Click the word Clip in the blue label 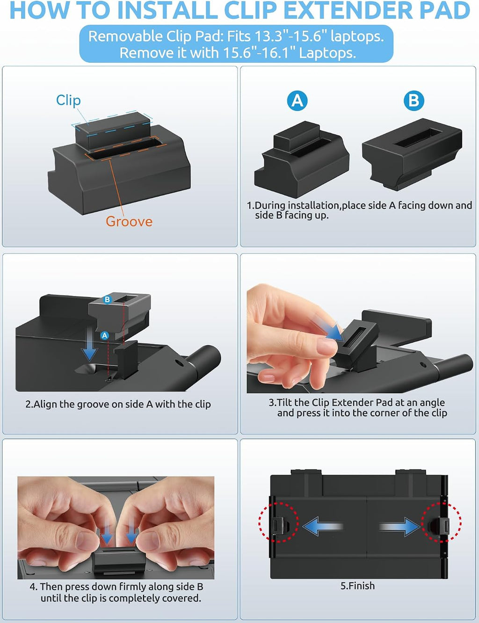click(68, 101)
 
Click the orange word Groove click(129, 221)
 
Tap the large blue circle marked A click(297, 101)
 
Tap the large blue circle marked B click(414, 101)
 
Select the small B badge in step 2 click(107, 300)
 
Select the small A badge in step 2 click(105, 335)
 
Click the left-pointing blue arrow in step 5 click(323, 526)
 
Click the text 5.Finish click(357, 586)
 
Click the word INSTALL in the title click(167, 10)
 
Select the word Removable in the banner click(125, 36)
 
